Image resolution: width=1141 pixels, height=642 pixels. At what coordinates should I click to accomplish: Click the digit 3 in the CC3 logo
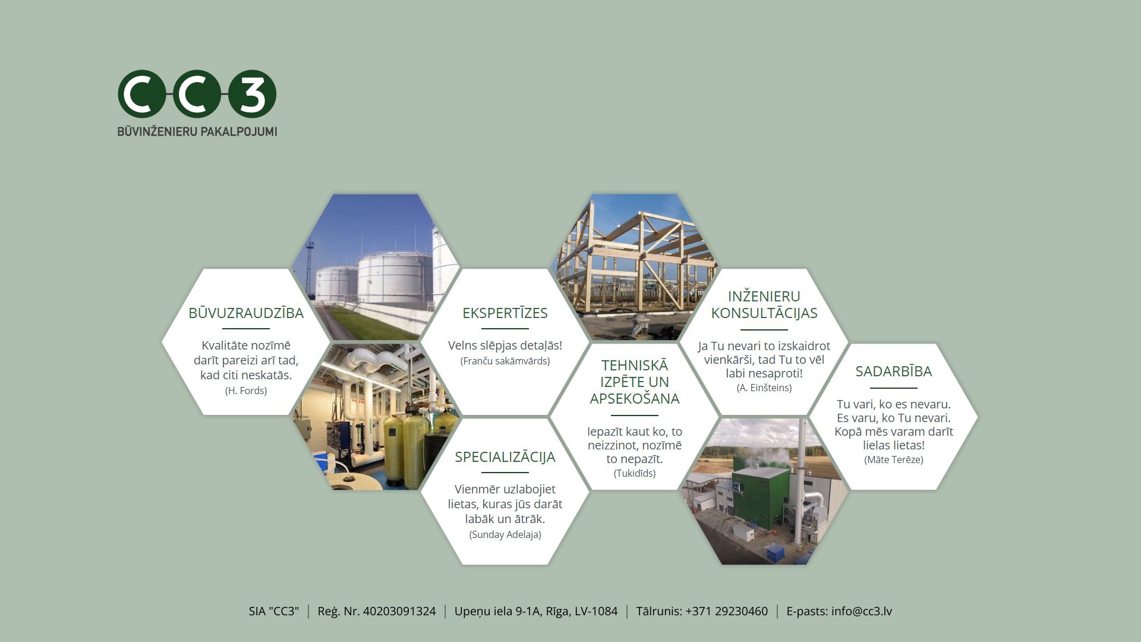253,93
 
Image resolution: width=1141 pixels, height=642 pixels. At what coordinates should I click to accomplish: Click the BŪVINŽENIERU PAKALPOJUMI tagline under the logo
197,131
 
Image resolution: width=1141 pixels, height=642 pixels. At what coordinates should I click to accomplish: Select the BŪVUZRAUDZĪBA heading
246,313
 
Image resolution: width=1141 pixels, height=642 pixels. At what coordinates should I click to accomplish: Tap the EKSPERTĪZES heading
505,313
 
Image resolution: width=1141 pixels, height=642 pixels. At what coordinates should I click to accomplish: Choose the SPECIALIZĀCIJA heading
505,457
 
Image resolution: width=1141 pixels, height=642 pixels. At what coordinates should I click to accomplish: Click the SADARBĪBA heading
894,371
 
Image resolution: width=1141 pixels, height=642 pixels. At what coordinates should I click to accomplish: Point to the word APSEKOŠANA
635,398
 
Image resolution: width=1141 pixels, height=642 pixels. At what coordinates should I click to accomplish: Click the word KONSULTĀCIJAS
764,313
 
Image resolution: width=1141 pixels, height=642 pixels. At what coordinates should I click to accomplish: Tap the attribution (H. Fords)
246,391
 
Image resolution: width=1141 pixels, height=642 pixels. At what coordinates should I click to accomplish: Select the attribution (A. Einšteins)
764,388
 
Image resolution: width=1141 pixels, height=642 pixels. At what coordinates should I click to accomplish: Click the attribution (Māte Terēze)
894,460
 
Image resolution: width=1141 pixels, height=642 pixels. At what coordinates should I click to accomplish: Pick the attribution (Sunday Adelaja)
505,534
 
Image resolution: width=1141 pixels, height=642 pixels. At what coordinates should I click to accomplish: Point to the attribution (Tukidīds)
635,473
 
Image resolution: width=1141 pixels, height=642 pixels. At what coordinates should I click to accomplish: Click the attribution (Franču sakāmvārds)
505,361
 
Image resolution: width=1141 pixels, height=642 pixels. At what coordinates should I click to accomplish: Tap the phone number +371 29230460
726,611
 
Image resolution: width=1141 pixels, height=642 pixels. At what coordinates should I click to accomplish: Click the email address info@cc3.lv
862,611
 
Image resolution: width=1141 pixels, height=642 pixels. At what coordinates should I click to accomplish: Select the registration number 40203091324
399,611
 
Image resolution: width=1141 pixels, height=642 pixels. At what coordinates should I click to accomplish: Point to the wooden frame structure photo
635,267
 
